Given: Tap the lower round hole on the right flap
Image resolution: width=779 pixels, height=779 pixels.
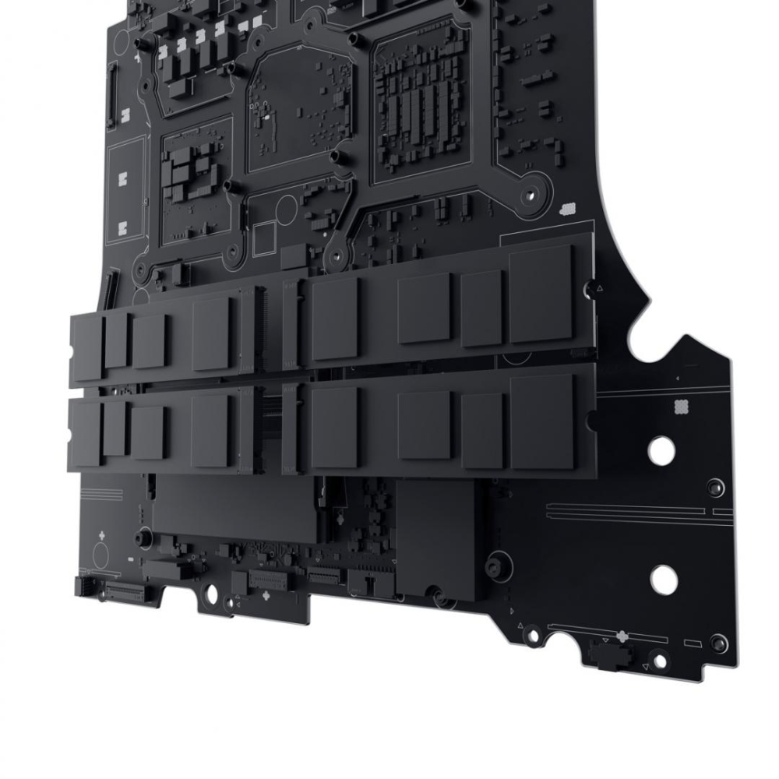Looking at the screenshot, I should [x=664, y=578].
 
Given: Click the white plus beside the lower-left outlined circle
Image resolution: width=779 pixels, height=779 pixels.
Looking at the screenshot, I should [x=102, y=536].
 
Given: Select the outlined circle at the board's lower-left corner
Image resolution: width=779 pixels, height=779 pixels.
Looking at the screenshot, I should [x=102, y=554].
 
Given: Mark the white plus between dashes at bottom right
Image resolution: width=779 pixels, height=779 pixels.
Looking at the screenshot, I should [x=621, y=634].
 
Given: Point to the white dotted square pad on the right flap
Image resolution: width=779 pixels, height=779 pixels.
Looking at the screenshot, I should [x=679, y=405].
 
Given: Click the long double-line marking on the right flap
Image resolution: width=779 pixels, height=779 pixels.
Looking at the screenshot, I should [x=639, y=514].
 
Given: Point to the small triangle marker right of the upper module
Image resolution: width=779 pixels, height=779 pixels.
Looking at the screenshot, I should [x=599, y=288].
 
